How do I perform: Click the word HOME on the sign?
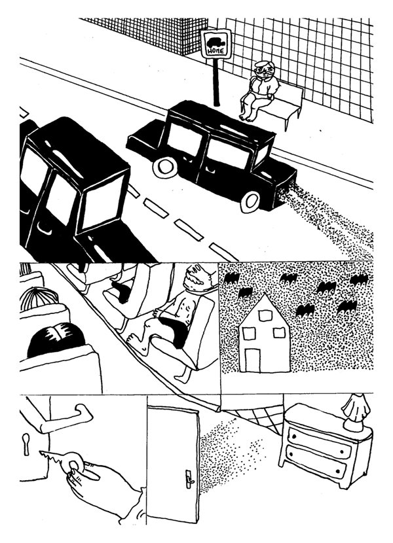tap(215, 51)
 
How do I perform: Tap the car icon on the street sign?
tap(215, 43)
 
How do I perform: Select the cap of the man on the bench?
tap(263, 64)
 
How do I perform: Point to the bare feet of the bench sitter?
tap(248, 116)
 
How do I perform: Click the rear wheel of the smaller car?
tap(165, 167)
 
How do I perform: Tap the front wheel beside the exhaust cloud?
tap(250, 201)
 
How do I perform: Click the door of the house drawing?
tap(253, 360)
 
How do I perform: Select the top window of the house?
tap(265, 316)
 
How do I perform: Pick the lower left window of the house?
tap(249, 333)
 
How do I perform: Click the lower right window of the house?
tap(279, 333)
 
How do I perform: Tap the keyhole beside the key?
tap(26, 444)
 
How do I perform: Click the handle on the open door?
tap(189, 479)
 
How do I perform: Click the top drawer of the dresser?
tap(319, 441)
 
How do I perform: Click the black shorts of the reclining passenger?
tap(175, 330)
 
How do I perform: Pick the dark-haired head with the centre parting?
tap(56, 340)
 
